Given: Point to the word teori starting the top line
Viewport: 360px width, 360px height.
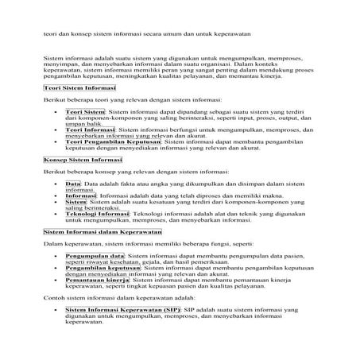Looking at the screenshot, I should [50, 35].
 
